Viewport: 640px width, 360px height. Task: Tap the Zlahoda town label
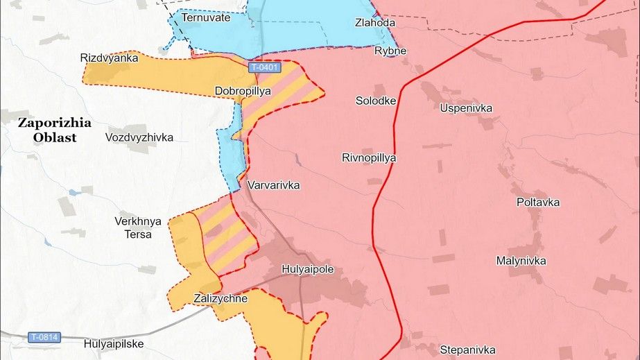(x=376, y=23)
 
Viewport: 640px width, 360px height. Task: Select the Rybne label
(x=390, y=51)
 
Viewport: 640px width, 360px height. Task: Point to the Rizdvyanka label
(x=110, y=58)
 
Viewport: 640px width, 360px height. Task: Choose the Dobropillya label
(x=242, y=90)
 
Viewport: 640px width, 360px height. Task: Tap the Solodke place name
(x=376, y=101)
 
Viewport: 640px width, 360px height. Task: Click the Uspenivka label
(x=466, y=108)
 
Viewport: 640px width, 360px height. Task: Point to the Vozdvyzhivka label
(x=139, y=137)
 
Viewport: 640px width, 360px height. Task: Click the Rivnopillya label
(x=369, y=157)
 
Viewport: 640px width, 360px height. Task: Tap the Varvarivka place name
(x=273, y=186)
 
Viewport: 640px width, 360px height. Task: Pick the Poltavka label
(x=538, y=203)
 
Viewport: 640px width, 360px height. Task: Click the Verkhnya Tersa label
(x=138, y=228)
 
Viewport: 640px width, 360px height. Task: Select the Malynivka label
(x=521, y=261)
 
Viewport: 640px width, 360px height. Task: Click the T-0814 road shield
(x=44, y=337)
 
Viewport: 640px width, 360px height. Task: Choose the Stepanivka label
(x=467, y=349)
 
